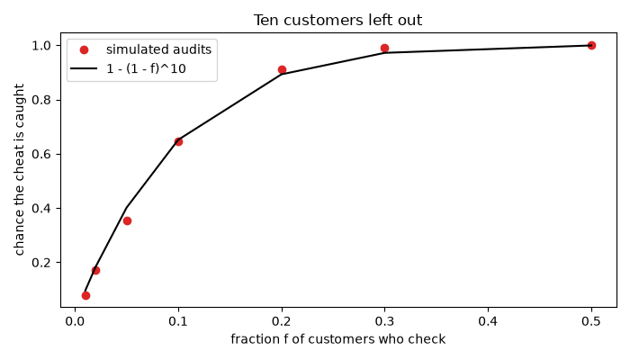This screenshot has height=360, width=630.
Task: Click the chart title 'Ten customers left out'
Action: click(x=337, y=20)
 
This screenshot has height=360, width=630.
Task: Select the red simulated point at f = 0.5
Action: click(x=591, y=45)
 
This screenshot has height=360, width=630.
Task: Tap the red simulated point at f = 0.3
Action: click(x=384, y=49)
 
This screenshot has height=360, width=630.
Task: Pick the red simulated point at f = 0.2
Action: click(x=282, y=70)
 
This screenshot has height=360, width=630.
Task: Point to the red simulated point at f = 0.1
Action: click(x=178, y=142)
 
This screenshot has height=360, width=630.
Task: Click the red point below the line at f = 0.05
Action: click(x=127, y=221)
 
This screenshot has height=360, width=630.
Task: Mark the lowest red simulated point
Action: click(x=85, y=296)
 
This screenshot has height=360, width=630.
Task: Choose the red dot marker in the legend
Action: click(x=84, y=49)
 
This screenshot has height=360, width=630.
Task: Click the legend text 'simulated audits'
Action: click(x=158, y=49)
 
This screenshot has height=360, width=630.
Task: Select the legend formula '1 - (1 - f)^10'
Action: click(x=146, y=68)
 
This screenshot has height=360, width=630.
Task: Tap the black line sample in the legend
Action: click(x=84, y=68)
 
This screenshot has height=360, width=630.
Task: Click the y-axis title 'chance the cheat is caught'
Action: click(x=19, y=169)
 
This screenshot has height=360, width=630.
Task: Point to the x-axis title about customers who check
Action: click(x=337, y=339)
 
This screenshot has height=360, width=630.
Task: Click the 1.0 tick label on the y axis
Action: click(x=41, y=45)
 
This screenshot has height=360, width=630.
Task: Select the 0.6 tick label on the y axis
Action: click(x=41, y=154)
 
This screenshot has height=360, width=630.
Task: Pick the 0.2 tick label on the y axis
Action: click(x=41, y=263)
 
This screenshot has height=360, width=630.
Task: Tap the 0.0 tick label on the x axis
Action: click(x=75, y=321)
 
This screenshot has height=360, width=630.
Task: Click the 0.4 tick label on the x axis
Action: click(x=488, y=321)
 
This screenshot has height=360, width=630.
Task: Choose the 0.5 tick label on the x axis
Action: click(x=591, y=321)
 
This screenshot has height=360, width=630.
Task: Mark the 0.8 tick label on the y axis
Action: click(x=41, y=100)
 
